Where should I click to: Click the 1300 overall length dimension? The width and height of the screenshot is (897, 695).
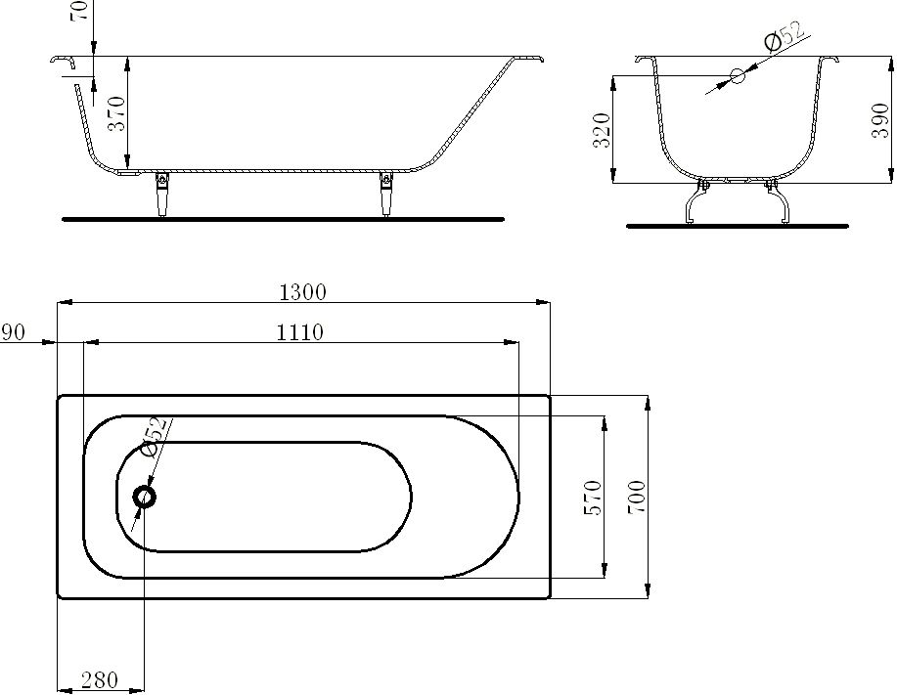point(302,291)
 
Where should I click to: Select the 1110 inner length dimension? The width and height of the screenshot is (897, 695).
point(299,332)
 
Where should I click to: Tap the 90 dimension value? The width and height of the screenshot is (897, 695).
point(13,332)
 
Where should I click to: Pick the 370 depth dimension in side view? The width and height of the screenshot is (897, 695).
point(116,113)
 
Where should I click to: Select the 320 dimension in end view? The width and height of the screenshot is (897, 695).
point(602,129)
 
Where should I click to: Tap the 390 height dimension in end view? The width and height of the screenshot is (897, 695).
point(879,119)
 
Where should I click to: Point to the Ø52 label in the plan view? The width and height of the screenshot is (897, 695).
point(156,437)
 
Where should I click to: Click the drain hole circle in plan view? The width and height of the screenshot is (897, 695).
point(145,497)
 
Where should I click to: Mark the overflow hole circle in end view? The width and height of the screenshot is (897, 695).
point(738,75)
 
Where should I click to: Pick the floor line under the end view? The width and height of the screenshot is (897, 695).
point(737,226)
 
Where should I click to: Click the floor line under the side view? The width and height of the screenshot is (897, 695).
point(283,219)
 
